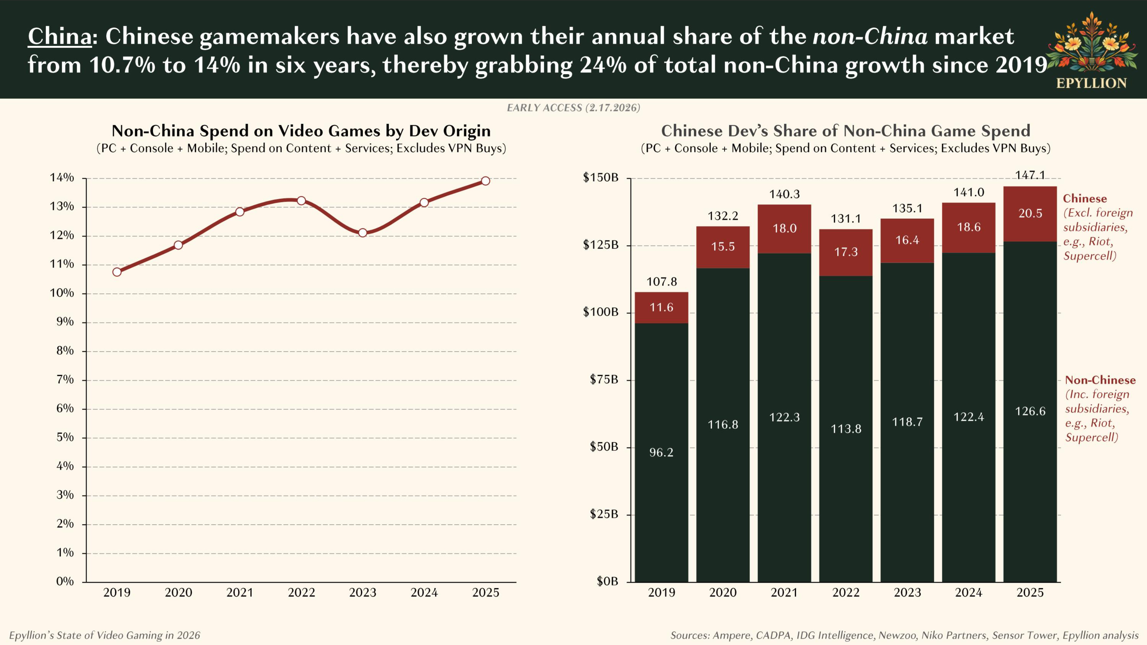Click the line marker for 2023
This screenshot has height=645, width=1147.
pyautogui.click(x=363, y=233)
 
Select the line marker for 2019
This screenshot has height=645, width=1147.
pyautogui.click(x=117, y=272)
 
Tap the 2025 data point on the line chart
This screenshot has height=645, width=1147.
pyautogui.click(x=485, y=181)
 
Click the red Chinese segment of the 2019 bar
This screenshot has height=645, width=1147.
pyautogui.click(x=661, y=308)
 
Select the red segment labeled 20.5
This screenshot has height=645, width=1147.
pyautogui.click(x=1030, y=214)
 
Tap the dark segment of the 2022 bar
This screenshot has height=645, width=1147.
pyautogui.click(x=845, y=429)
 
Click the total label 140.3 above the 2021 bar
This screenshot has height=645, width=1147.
pyautogui.click(x=784, y=194)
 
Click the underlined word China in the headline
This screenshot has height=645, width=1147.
pyautogui.click(x=60, y=36)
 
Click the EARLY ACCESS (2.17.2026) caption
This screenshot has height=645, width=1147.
pyautogui.click(x=573, y=108)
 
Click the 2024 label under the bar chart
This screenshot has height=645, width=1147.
pyautogui.click(x=969, y=593)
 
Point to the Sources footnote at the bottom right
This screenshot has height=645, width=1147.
pyautogui.click(x=904, y=635)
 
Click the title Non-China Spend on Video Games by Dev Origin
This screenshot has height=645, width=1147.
pyautogui.click(x=301, y=131)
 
